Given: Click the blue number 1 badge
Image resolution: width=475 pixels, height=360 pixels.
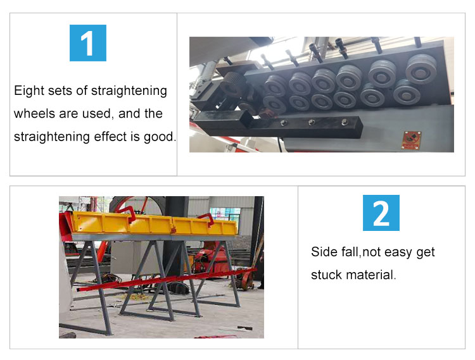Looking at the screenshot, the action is click(x=88, y=43).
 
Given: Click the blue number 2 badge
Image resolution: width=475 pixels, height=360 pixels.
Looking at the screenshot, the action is click(x=381, y=213).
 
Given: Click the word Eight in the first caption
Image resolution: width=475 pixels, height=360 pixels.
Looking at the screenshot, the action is click(x=28, y=91).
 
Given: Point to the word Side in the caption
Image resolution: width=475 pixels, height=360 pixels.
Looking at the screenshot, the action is click(x=324, y=252).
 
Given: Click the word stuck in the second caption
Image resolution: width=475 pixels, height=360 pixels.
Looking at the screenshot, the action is click(x=327, y=275).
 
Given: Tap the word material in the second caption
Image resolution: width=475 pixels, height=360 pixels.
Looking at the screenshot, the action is click(x=370, y=275).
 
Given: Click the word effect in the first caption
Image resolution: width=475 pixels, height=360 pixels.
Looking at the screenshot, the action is click(x=110, y=137).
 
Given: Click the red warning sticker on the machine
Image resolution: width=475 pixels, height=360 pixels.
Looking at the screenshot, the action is click(x=412, y=140).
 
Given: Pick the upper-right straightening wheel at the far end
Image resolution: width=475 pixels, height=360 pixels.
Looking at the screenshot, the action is click(x=421, y=69).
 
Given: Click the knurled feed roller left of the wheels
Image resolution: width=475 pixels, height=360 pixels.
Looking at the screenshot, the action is click(x=232, y=84).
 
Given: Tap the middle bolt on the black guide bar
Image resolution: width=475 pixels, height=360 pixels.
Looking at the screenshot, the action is click(x=311, y=123).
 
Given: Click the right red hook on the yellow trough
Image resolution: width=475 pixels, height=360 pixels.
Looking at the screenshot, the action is click(x=206, y=219).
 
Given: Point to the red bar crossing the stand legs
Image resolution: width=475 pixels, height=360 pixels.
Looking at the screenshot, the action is click(x=167, y=280).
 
